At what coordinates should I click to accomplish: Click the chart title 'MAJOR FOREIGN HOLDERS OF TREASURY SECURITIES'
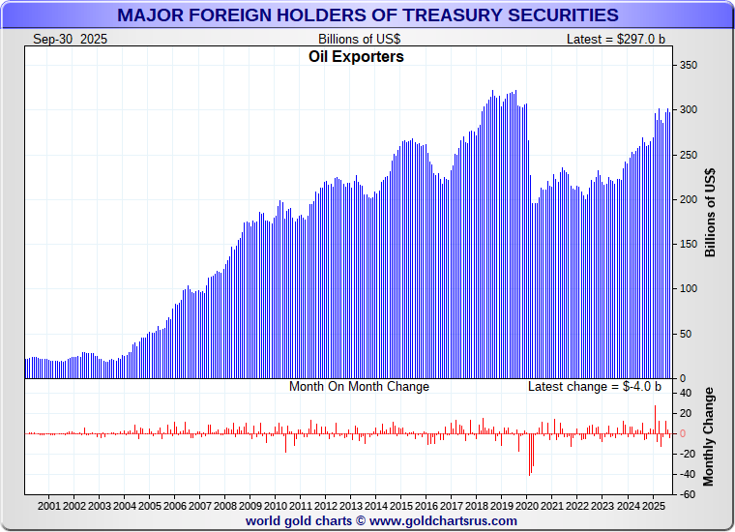367,15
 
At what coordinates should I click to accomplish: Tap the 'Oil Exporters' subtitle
356,57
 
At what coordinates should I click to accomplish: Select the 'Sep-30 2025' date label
71,39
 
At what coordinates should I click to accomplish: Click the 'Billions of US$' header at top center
359,39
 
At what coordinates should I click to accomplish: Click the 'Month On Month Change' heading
359,387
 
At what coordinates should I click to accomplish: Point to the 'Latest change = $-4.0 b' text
595,387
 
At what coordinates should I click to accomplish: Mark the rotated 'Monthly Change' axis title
711,436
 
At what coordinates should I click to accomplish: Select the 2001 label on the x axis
49,506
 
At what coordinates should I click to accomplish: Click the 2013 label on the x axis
351,506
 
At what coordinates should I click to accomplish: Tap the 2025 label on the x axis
653,506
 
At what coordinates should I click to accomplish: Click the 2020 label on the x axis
527,506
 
